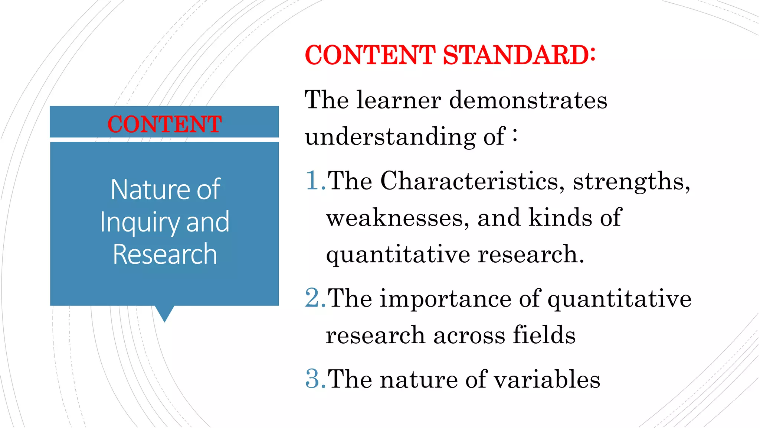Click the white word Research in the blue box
point(165,254)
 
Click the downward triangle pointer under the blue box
point(164,313)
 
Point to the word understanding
point(390,137)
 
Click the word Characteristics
point(469,181)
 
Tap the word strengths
point(631,182)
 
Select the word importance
point(445,298)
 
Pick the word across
point(469,335)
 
